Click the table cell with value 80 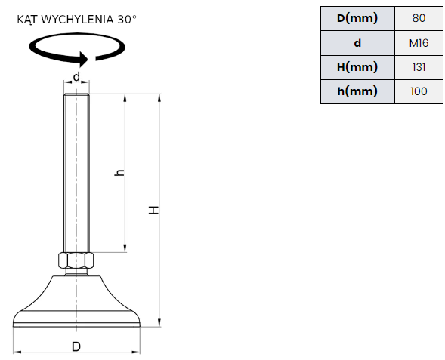click(419, 18)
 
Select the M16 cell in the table click(419, 43)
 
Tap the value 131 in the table click(419, 67)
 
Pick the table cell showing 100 click(419, 91)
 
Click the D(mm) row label click(357, 18)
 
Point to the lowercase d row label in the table click(357, 43)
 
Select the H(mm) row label click(357, 67)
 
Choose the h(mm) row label click(357, 91)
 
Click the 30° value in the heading click(127, 20)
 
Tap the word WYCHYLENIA click(77, 20)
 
